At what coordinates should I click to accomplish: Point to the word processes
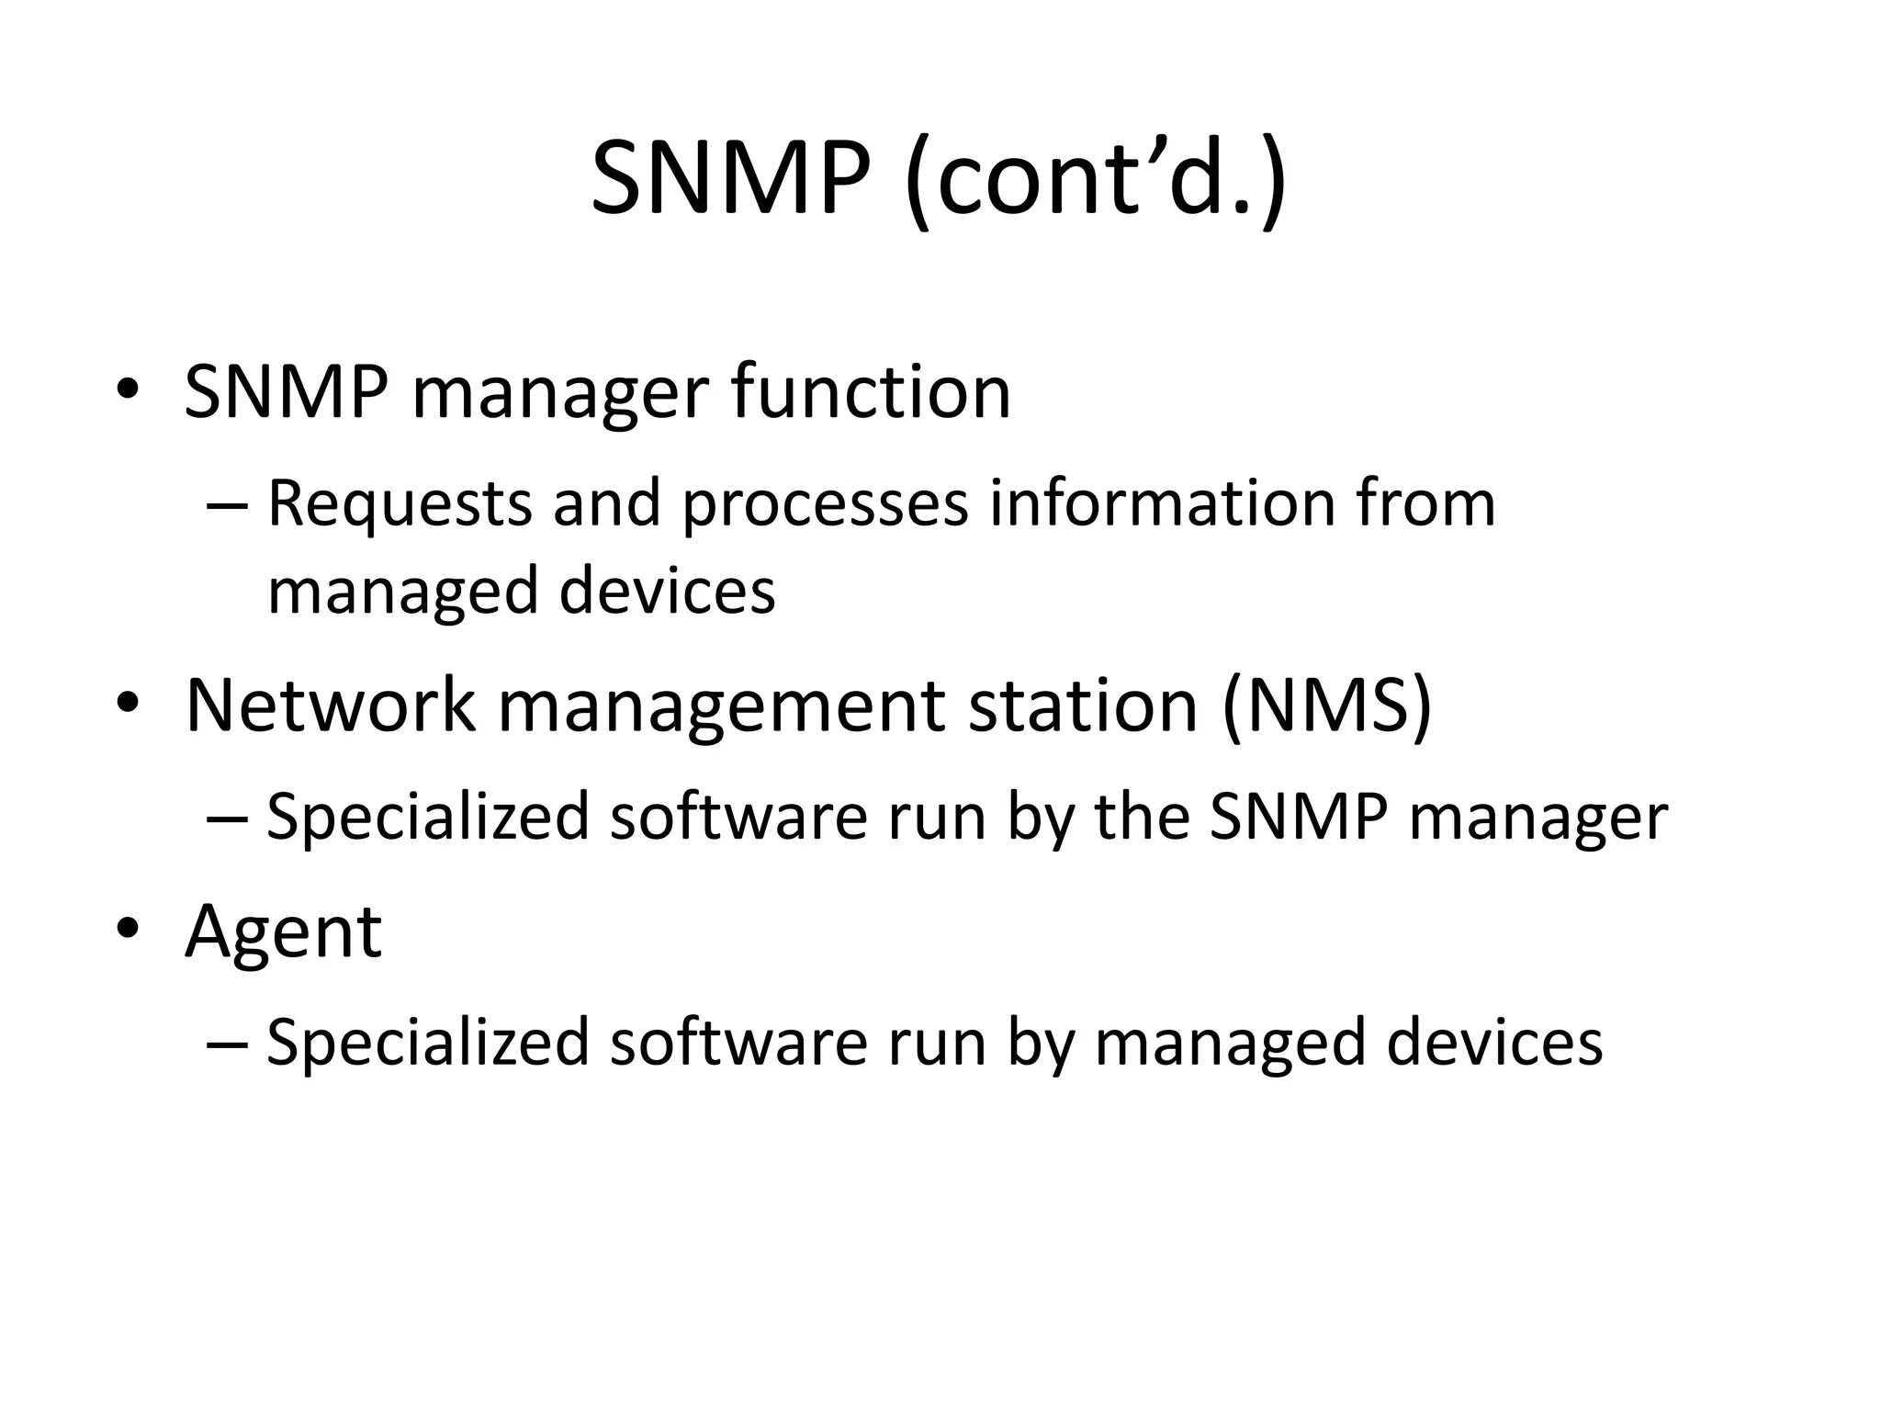point(825,504)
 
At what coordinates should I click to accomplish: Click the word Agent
point(283,933)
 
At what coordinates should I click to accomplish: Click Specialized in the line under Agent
point(427,1044)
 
